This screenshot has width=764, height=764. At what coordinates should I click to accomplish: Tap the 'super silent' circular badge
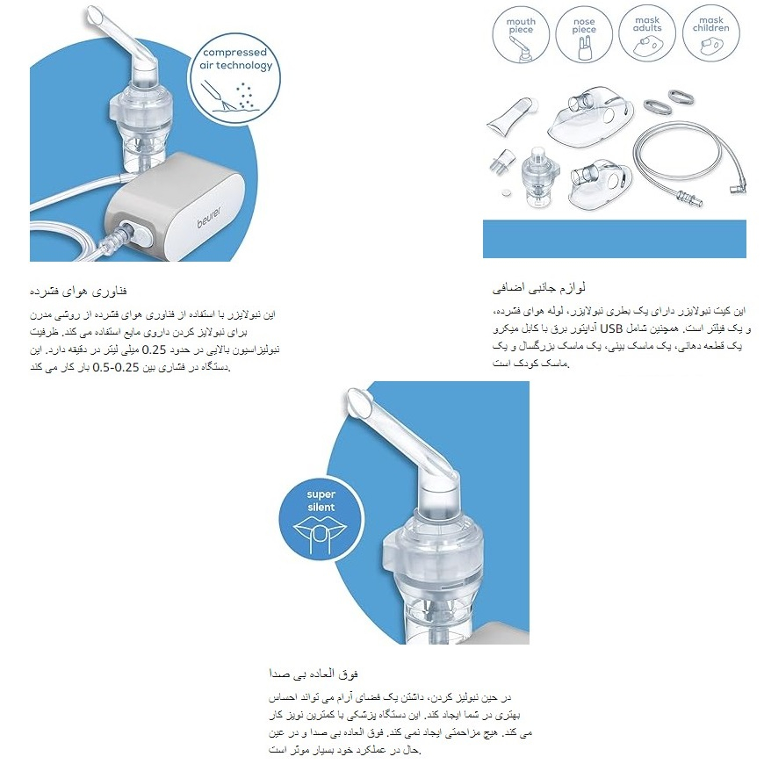[x=321, y=518]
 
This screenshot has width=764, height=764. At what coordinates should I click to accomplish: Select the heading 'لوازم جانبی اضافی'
[x=538, y=287]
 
